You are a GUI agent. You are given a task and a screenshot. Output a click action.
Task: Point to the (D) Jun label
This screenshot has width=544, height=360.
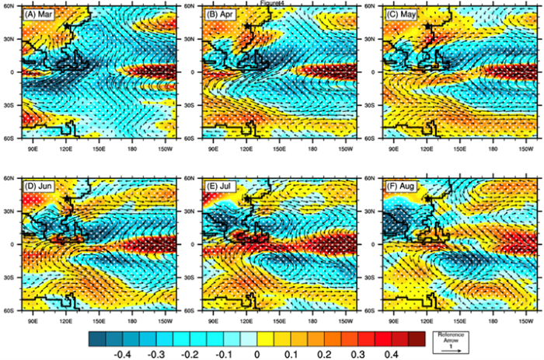[x=39, y=187]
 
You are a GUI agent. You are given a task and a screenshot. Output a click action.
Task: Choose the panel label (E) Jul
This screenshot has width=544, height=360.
[x=220, y=187]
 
